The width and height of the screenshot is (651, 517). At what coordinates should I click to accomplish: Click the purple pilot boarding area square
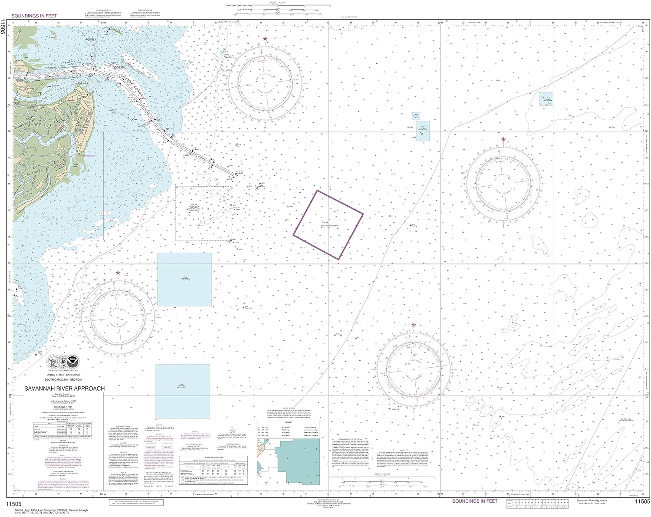click(x=328, y=224)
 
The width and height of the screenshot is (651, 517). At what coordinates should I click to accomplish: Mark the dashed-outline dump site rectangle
click(x=203, y=213)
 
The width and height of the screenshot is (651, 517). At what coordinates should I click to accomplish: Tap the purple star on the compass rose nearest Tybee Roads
click(x=265, y=39)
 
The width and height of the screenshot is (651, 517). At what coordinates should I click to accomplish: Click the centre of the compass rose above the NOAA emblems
click(x=118, y=313)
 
